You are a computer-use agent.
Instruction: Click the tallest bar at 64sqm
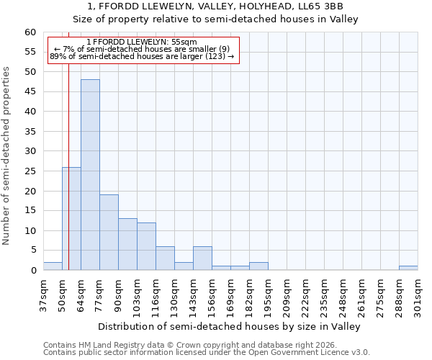pyautogui.click(x=90, y=175)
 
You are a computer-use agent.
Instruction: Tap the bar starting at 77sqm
pyautogui.click(x=109, y=233)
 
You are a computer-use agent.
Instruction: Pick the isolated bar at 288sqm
pyautogui.click(x=408, y=268)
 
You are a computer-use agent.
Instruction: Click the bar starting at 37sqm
pyautogui.click(x=53, y=266)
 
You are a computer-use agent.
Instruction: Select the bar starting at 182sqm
pyautogui.click(x=258, y=266)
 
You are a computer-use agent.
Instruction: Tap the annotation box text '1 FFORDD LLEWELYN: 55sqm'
pyautogui.click(x=141, y=42)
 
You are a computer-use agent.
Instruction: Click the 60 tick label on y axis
pyautogui.click(x=30, y=32)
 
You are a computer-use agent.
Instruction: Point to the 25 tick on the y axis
pyautogui.click(x=30, y=171)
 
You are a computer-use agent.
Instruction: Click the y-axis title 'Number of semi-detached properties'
pyautogui.click(x=7, y=156)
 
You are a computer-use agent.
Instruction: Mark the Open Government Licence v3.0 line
pyautogui.click(x=207, y=352)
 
